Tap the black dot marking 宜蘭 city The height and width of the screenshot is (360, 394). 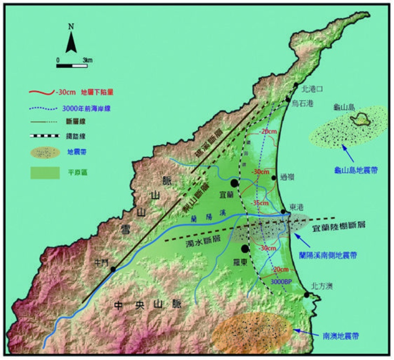[234, 183]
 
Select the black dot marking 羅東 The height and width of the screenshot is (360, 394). [245, 249]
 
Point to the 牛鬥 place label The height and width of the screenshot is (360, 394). [103, 262]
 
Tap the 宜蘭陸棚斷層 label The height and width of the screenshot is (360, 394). [340, 228]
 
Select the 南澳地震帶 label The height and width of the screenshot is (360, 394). [340, 337]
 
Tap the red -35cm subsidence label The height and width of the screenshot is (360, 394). [260, 203]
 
